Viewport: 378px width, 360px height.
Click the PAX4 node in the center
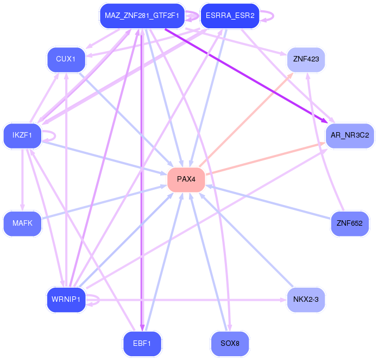186,179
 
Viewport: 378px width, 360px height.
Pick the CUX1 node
66,59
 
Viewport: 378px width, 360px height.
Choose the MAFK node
22,223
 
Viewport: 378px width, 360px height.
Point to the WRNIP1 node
66,299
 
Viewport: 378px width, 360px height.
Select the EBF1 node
142,343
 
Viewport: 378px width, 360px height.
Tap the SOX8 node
230,343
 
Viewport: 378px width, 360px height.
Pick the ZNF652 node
350,223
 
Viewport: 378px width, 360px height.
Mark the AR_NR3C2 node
350,135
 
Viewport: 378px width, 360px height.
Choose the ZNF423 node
306,59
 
